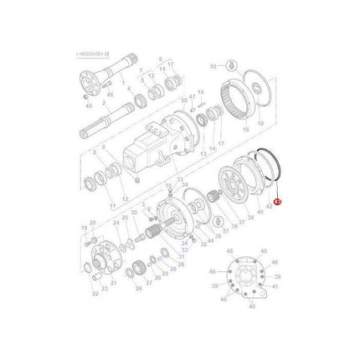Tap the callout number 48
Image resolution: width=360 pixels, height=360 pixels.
coord(109,95)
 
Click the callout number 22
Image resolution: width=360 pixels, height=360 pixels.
coord(95,294)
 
